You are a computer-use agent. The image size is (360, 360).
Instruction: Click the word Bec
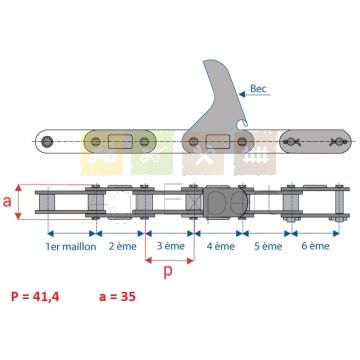coord(258,89)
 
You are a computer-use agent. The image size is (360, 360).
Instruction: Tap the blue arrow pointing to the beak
coord(255,95)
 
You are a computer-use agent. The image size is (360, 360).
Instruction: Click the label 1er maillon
coord(71,247)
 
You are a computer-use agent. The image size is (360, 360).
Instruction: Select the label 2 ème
coord(123,246)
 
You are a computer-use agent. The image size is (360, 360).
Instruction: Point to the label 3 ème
coord(170,246)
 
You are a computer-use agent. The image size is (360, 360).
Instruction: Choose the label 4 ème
coord(221,246)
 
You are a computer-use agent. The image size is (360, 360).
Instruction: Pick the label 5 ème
coord(268,246)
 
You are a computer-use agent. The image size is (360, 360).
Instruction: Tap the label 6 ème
coord(315,246)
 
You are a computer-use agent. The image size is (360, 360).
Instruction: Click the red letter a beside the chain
coord(7,202)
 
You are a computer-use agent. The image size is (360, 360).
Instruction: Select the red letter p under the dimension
coord(169,272)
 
